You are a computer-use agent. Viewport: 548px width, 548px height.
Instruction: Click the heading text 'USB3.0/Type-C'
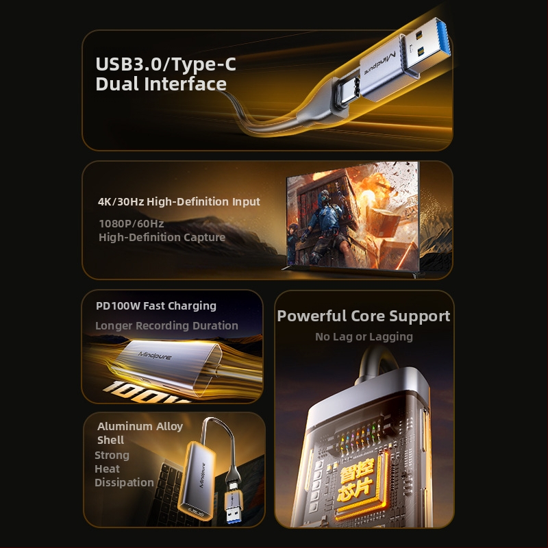165,64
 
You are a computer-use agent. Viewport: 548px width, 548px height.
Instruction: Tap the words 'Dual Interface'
161,84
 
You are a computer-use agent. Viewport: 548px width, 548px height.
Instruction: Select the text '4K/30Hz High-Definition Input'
179,201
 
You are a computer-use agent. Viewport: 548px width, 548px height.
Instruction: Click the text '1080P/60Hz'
131,223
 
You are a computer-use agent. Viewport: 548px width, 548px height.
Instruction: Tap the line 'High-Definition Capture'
162,237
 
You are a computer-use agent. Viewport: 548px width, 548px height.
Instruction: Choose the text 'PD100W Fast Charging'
156,306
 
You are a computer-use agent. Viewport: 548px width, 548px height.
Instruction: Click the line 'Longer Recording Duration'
166,325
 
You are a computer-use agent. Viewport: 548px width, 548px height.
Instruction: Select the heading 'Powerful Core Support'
364,316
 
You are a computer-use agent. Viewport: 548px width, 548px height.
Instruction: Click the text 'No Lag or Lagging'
364,336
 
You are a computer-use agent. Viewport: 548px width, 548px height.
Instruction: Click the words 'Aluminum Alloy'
140,426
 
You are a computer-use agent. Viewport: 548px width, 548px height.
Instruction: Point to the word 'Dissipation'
124,482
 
